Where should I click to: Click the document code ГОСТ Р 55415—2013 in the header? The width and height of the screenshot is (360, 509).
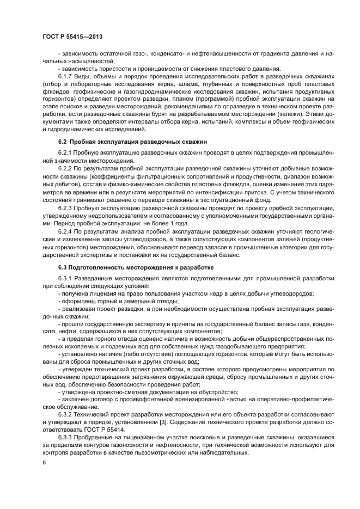72,36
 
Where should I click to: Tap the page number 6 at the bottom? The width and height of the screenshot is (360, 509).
44,462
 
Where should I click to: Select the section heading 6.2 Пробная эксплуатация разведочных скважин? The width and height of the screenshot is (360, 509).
121,142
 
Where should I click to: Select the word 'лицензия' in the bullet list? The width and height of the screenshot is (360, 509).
99,294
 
